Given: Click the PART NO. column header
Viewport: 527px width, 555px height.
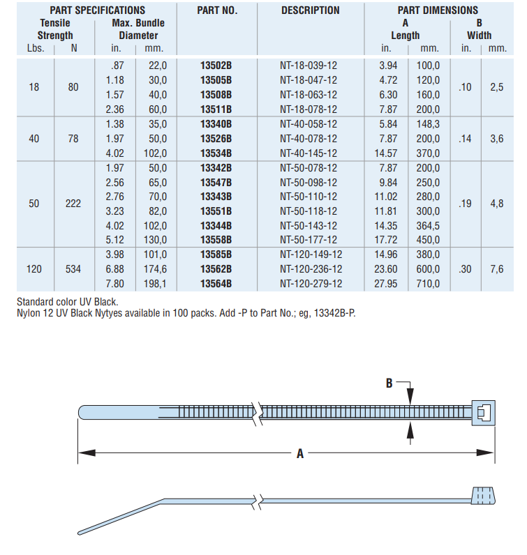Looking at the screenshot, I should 217,10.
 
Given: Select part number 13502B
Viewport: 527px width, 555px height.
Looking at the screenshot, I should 216,65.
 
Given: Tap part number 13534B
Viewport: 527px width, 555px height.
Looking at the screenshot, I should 216,153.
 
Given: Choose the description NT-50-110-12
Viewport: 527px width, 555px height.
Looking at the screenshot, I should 309,197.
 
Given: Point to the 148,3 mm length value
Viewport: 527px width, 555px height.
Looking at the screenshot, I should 429,123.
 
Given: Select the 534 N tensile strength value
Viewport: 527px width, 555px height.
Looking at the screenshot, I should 73,268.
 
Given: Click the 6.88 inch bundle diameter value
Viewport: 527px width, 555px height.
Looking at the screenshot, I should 114,268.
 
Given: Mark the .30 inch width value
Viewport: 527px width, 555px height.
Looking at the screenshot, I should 465,268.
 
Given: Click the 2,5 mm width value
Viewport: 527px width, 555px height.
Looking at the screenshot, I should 496,87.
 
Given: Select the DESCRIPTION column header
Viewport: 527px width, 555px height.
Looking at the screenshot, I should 311,10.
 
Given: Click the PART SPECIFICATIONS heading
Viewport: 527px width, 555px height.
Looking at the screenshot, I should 98,10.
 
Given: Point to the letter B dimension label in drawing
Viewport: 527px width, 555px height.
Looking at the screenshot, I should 389,382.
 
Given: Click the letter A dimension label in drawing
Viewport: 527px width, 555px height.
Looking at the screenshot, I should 300,453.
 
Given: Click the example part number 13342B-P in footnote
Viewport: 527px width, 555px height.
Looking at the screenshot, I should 331,312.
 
